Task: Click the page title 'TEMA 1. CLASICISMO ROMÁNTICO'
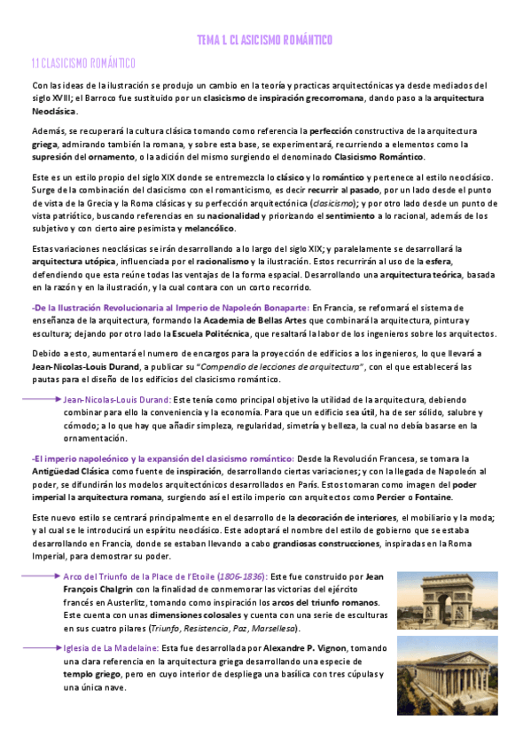click(x=265, y=41)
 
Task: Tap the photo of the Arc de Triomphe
click(x=434, y=599)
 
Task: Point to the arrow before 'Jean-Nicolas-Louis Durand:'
click(x=44, y=400)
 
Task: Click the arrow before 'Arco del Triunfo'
click(x=44, y=576)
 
